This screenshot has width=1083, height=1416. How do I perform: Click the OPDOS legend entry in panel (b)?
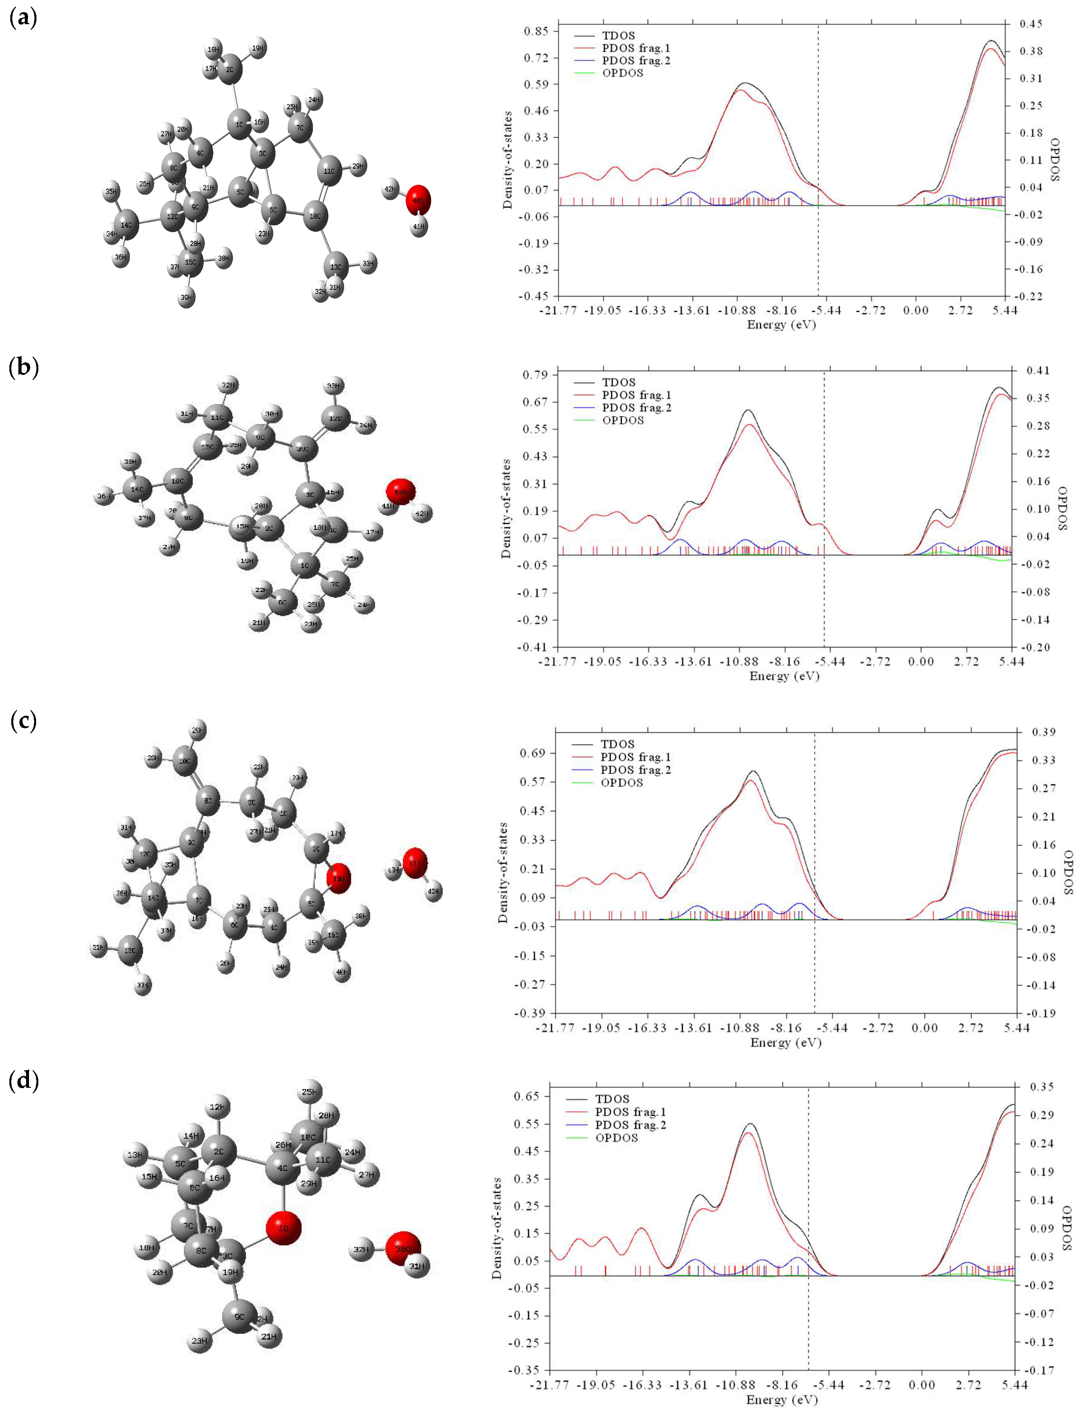click(623, 420)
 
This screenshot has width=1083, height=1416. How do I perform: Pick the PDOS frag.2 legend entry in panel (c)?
click(635, 770)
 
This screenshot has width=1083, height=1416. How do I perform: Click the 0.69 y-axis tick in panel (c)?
click(532, 753)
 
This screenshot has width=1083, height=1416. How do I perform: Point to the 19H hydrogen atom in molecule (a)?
click(258, 48)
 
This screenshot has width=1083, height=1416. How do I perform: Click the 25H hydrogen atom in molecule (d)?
click(310, 1092)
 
